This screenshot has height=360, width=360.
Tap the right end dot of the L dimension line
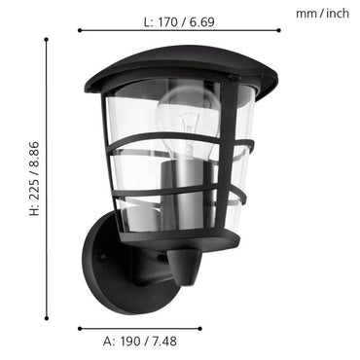pyautogui.click(x=279, y=30)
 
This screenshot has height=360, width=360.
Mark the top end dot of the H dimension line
pyautogui.click(x=47, y=39)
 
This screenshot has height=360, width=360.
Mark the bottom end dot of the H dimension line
pyautogui.click(x=47, y=290)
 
